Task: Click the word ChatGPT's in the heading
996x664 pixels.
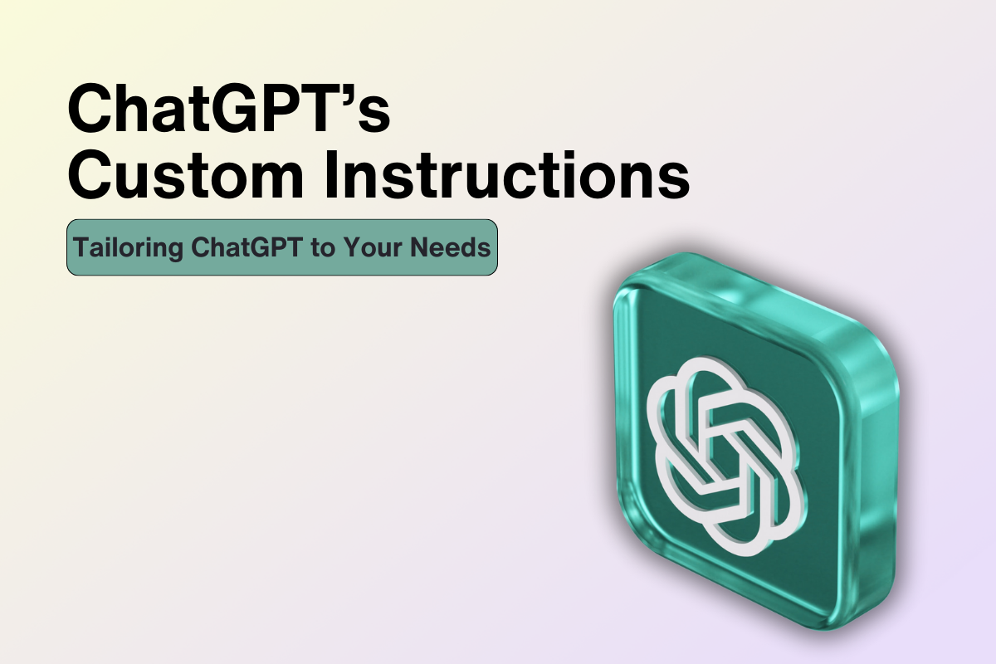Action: pyautogui.click(x=227, y=107)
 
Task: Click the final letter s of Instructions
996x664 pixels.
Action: pyautogui.click(x=676, y=179)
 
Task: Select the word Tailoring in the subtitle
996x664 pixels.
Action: pyautogui.click(x=115, y=247)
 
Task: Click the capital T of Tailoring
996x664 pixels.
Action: pyautogui.click(x=81, y=247)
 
